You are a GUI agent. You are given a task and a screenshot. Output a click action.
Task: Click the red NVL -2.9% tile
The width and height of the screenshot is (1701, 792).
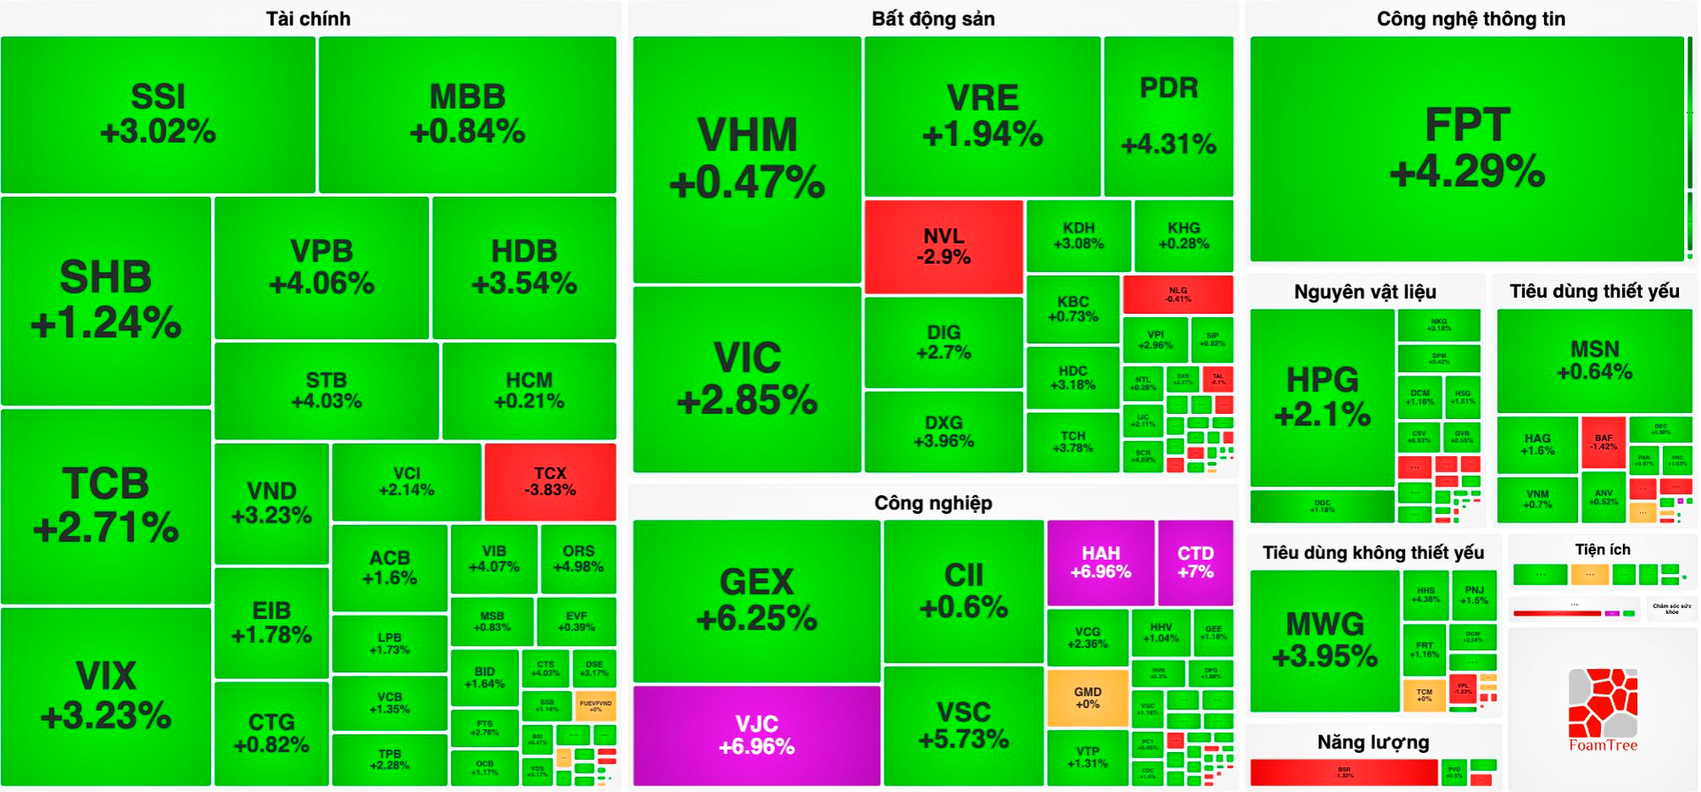(x=944, y=246)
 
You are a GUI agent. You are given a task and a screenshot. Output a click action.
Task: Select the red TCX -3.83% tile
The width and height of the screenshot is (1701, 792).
(x=550, y=482)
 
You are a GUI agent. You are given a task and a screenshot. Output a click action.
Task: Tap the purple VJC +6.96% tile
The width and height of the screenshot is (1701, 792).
(x=757, y=735)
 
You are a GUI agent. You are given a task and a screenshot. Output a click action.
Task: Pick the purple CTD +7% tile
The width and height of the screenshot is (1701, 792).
(x=1195, y=563)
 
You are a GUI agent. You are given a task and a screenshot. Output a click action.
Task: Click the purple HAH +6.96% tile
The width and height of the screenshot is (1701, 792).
(x=1100, y=563)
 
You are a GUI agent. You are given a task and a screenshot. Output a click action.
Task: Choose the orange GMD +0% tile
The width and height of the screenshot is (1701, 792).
(x=1088, y=698)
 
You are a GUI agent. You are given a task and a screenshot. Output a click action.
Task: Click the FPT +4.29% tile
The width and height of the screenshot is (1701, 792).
(x=1467, y=148)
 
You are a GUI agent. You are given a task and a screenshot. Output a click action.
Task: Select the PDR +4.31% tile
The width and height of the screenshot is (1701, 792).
(x=1169, y=116)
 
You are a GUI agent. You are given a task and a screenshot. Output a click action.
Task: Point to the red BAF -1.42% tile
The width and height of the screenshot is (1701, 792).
(x=1604, y=442)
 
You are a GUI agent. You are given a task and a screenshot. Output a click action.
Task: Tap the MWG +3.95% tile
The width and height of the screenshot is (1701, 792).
(x=1324, y=640)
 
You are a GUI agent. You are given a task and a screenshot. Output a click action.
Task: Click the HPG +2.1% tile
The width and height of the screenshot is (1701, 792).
(x=1322, y=397)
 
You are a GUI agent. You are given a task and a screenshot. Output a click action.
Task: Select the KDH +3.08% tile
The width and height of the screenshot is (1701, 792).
(x=1078, y=236)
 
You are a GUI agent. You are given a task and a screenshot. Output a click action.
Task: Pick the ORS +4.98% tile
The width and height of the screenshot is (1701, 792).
(x=578, y=558)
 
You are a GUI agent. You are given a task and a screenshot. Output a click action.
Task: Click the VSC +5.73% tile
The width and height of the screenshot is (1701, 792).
(x=964, y=726)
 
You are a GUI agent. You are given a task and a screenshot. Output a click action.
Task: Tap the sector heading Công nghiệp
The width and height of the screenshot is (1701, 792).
(x=933, y=503)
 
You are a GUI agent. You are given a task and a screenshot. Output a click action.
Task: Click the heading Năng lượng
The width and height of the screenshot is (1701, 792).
(x=1372, y=742)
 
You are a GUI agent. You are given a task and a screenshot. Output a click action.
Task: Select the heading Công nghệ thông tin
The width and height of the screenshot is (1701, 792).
(x=1471, y=19)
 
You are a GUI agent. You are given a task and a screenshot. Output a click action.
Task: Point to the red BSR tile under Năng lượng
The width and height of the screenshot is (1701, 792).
(x=1344, y=773)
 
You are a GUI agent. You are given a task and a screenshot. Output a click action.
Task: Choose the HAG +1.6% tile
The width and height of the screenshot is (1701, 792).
(x=1537, y=444)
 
